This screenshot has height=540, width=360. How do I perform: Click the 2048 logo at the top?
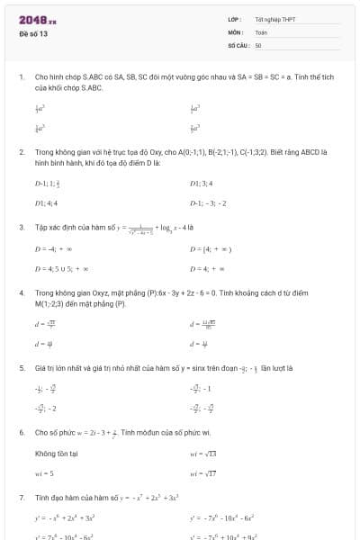pos(31,19)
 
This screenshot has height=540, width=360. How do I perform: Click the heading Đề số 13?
pos(33,33)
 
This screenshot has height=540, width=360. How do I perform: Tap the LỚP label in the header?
pos(234,20)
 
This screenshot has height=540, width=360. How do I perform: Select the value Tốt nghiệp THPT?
pos(275,20)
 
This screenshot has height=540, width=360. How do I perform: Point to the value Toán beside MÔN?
pos(261,32)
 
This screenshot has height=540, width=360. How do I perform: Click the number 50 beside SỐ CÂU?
pos(258,45)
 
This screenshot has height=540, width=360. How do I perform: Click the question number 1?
pos(21,78)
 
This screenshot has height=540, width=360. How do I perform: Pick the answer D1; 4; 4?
pos(46,204)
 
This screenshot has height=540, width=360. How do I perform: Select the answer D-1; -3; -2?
pos(209,204)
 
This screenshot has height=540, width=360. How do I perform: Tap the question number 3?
pos(21,228)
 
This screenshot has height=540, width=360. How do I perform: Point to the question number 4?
pos(21,293)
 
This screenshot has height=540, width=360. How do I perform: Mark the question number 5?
pos(21,368)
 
